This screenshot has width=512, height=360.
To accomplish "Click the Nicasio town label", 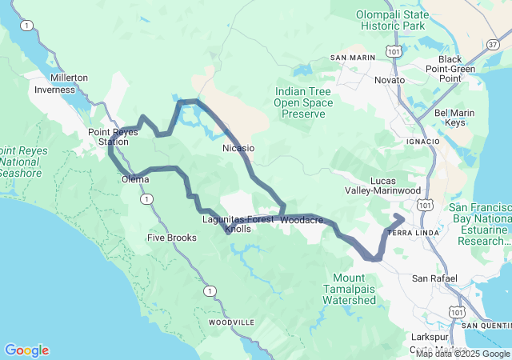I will tap(238, 148).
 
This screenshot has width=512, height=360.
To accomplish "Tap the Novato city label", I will tap(390, 80).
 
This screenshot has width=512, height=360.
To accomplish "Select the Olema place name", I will tap(135, 179).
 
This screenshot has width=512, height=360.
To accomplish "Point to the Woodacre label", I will tap(302, 218).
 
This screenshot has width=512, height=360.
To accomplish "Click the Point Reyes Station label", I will tap(108, 137).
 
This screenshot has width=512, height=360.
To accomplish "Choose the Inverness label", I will tap(54, 90).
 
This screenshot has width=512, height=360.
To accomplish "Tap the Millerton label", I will tap(69, 78).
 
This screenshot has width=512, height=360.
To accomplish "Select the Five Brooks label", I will tap(171, 238).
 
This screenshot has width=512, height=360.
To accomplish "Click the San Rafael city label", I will tap(434, 278).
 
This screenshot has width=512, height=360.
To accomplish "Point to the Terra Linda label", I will tap(410, 232).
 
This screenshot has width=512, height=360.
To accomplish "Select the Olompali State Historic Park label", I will tap(392, 15).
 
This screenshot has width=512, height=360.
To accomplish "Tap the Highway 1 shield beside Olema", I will tap(145, 198).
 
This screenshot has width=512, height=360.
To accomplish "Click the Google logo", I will tap(26, 350).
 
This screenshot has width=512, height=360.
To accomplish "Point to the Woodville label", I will tap(231, 322).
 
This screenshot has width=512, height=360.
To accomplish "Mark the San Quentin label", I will tap(487, 326).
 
